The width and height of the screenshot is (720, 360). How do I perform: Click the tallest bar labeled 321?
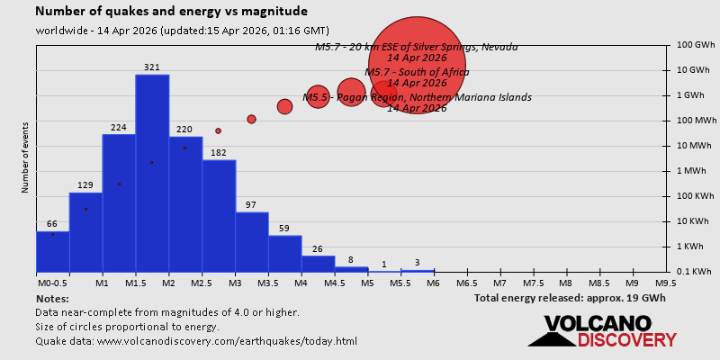click(x=152, y=171)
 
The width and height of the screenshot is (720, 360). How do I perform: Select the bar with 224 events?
click(x=119, y=202)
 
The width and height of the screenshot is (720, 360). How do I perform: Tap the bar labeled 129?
click(x=85, y=231)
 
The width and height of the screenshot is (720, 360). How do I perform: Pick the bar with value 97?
click(x=252, y=241)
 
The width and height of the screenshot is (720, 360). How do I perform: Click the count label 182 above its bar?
click(x=218, y=153)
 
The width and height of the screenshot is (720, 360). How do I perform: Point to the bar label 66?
click(x=52, y=224)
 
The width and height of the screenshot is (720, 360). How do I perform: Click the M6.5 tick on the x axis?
click(x=466, y=283)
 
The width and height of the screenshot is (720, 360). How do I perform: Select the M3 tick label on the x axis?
click(x=234, y=283)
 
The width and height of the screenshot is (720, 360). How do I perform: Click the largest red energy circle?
click(x=417, y=65)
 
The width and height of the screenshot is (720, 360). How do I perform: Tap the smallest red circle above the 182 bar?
click(x=218, y=130)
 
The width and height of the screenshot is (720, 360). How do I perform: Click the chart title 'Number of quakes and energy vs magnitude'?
click(x=171, y=12)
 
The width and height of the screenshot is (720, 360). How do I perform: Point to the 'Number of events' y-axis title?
click(x=25, y=160)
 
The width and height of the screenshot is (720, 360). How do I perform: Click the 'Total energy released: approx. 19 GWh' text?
click(x=570, y=298)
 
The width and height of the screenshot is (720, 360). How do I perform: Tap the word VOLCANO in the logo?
click(x=597, y=324)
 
